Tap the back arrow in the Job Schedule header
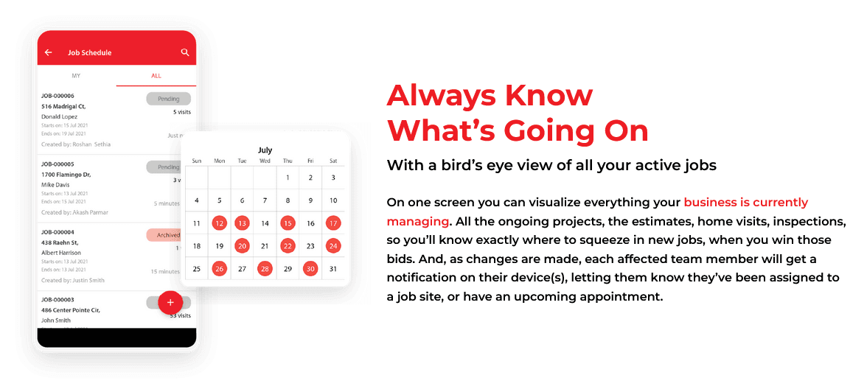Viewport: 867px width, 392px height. tap(49, 53)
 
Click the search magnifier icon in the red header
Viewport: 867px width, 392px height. tap(185, 53)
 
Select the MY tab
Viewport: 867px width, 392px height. tap(76, 76)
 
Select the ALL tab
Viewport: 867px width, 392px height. tap(156, 76)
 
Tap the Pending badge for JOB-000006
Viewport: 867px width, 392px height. tap(168, 99)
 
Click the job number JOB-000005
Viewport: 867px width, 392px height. tap(58, 164)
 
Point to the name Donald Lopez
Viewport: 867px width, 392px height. tap(60, 116)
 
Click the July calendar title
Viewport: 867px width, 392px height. tap(265, 150)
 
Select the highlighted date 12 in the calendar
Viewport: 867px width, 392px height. tap(219, 223)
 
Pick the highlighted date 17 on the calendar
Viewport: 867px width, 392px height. tap(333, 223)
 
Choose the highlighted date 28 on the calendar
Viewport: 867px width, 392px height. tap(265, 269)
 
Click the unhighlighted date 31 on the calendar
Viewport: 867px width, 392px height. tap(333, 269)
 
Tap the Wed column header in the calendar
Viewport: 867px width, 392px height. tap(265, 161)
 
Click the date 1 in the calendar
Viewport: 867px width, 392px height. tap(288, 178)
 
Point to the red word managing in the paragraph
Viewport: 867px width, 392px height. tap(417, 221)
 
